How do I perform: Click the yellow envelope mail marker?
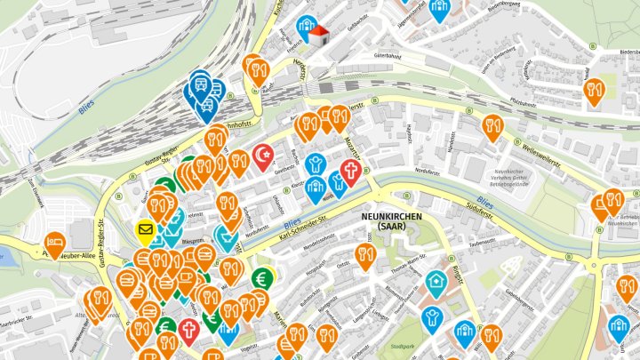[145, 231]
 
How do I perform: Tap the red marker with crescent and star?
[261, 156]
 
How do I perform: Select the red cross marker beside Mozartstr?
[350, 172]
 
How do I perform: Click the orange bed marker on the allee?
[54, 244]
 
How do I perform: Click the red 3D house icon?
[318, 35]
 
